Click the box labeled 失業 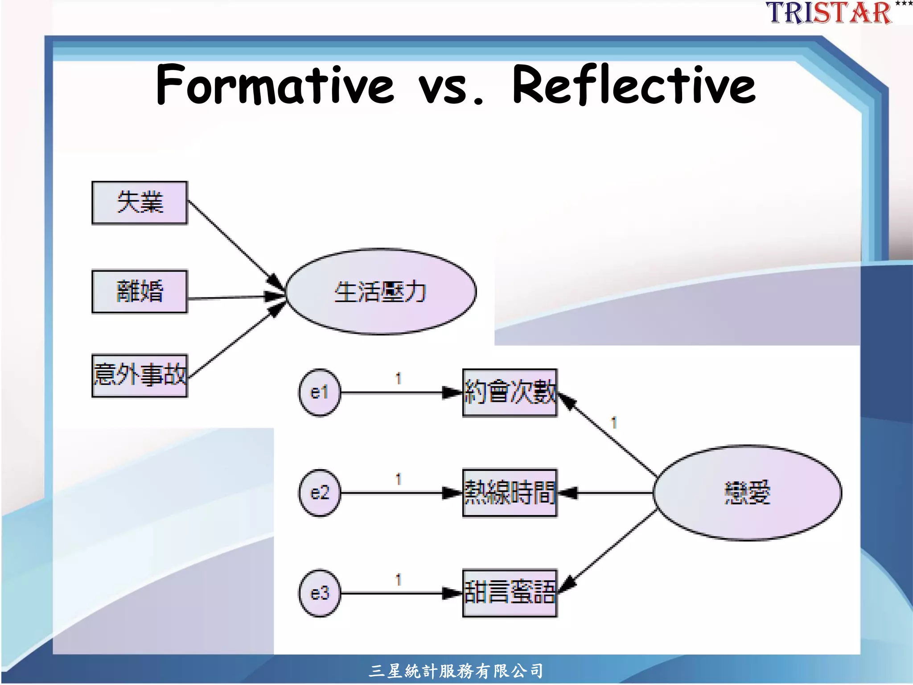point(140,203)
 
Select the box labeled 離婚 point(140,292)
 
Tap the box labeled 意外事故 point(140,375)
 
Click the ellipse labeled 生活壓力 point(381,291)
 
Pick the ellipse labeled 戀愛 point(747,492)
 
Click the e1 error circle point(319,392)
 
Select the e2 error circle point(319,493)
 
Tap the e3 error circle point(319,593)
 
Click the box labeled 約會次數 point(510,392)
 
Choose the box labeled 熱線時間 point(510,493)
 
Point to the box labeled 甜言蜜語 point(510,593)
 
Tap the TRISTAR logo point(829,12)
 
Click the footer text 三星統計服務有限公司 point(456,671)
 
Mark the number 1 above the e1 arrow point(399,379)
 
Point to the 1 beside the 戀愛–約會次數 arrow point(614,422)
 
